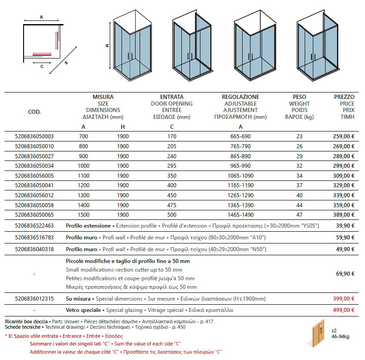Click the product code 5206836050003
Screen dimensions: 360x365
pos(34,136)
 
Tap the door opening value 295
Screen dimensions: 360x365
pos(171,165)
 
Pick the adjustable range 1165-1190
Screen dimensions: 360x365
pos(240,185)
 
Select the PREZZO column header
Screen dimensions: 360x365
pos(344,97)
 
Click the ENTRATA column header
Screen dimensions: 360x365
pos(172,97)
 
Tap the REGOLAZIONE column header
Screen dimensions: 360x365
pos(240,97)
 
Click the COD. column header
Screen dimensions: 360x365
pos(34,112)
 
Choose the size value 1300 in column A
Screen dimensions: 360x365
pos(83,195)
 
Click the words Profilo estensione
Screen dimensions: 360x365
pos(88,225)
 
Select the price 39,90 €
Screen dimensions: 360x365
pos(345,225)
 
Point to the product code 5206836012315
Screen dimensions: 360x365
pos(34,298)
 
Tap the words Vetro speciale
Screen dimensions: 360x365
pos(84,310)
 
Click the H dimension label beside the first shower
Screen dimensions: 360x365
pos(107,45)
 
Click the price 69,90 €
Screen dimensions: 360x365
pos(345,274)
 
